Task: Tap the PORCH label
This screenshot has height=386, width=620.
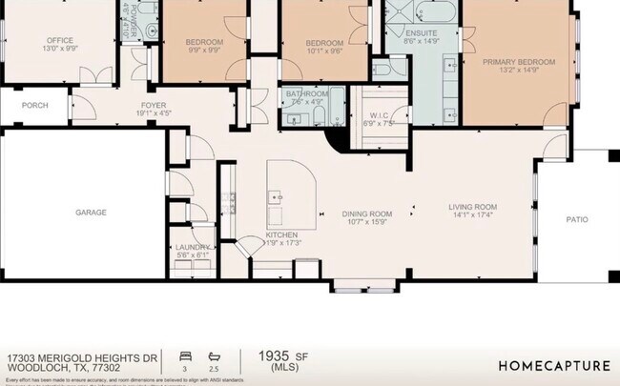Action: [x=35, y=106]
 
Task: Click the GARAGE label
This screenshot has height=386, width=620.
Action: [x=92, y=213]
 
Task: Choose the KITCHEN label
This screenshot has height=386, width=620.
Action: [x=281, y=234]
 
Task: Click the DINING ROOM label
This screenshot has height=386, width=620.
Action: [x=367, y=213]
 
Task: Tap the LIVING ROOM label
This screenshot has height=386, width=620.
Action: [x=473, y=207]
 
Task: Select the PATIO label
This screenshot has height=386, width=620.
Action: [x=577, y=219]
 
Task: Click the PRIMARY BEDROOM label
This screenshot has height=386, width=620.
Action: [x=511, y=62]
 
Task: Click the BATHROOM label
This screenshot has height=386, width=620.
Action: [x=306, y=93]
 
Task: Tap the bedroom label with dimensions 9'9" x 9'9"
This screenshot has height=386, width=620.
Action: [x=203, y=42]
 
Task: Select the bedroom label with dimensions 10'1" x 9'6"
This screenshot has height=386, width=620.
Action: [x=323, y=43]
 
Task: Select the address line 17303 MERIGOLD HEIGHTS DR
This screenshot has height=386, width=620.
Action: [x=81, y=357]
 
